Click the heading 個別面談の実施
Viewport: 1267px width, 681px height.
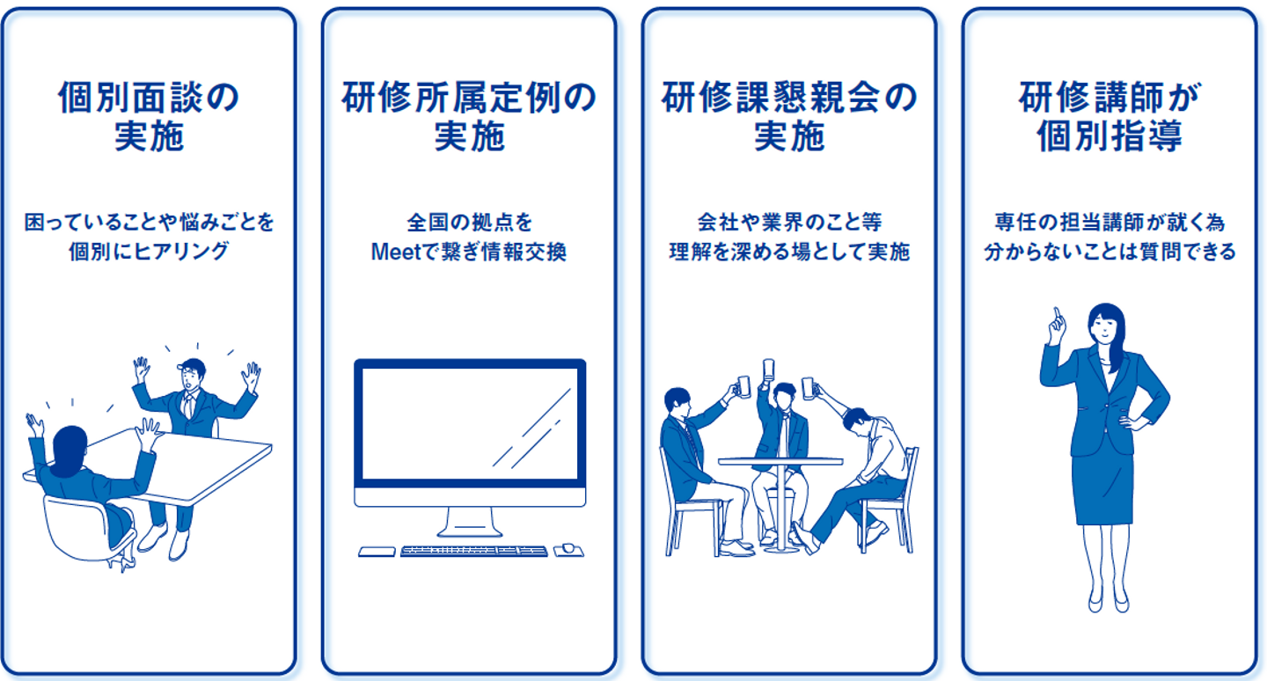point(149,116)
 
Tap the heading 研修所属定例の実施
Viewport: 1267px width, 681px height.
point(469,116)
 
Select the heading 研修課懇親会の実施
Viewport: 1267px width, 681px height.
point(789,116)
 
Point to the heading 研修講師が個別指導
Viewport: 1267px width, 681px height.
point(1110,116)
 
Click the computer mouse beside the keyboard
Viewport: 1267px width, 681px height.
point(568,550)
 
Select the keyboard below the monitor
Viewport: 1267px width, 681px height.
point(474,551)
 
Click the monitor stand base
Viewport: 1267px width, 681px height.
point(470,531)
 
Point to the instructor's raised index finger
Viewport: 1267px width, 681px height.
point(1056,314)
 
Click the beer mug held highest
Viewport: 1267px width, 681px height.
point(768,369)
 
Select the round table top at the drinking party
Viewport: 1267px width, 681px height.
point(780,462)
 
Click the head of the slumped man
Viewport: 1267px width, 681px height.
point(857,421)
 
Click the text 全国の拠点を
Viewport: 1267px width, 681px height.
point(470,223)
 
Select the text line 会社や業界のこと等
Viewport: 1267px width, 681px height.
point(789,223)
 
